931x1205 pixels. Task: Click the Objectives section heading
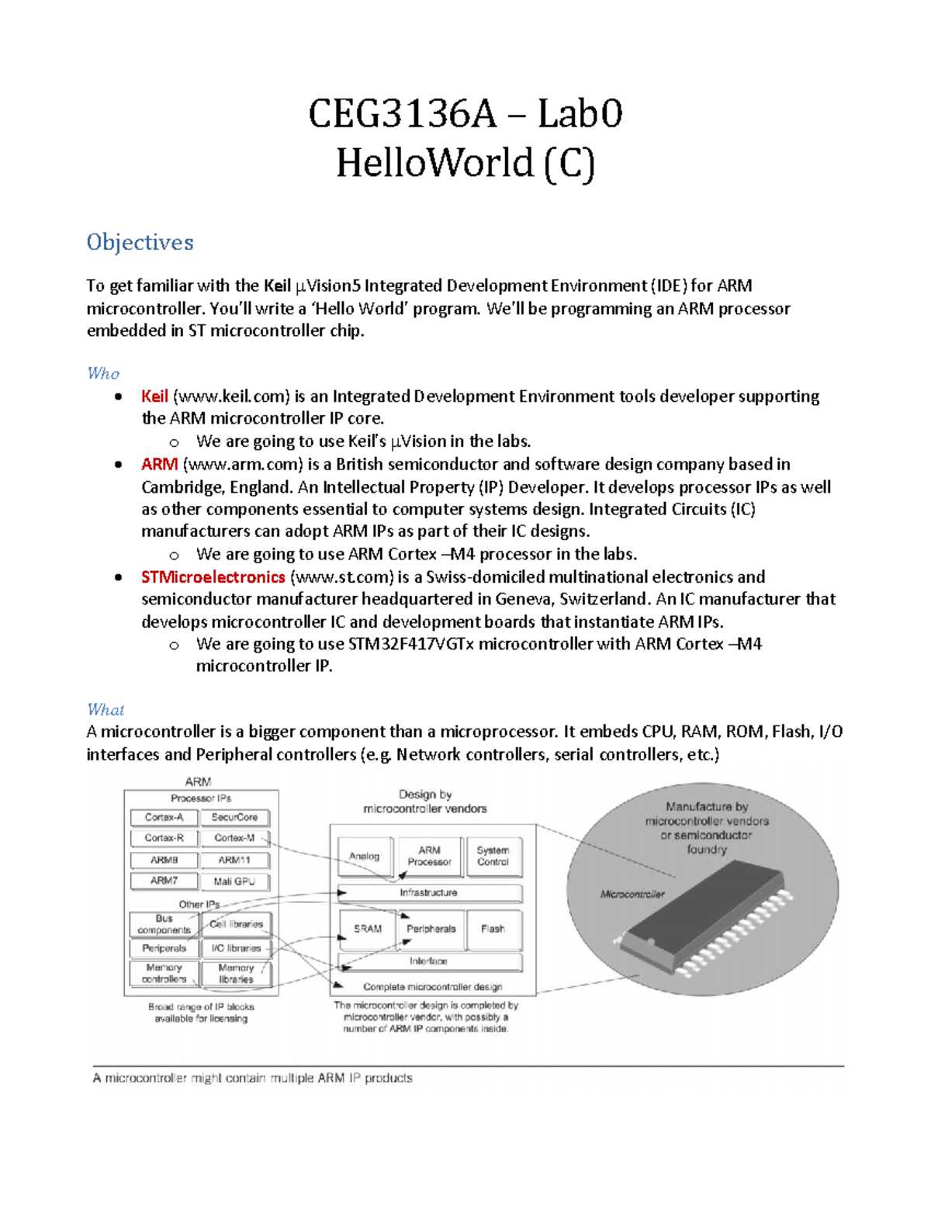[140, 242]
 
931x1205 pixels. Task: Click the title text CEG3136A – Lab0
[465, 114]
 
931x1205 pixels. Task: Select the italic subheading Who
[103, 373]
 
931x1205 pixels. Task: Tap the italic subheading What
[106, 709]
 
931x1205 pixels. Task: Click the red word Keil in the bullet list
[154, 396]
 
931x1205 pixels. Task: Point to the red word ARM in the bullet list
[159, 464]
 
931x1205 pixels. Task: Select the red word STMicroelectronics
[213, 577]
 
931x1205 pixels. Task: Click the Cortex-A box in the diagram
[164, 817]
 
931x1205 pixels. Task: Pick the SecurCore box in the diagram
[234, 817]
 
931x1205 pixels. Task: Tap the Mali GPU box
[234, 881]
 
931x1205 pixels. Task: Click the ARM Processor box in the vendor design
[429, 856]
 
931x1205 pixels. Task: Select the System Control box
[493, 856]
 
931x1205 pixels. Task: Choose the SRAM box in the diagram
[368, 929]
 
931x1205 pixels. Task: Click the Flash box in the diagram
[493, 929]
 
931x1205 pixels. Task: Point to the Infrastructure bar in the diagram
[429, 893]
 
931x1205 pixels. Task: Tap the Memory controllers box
[164, 973]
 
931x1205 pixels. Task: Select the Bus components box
[164, 924]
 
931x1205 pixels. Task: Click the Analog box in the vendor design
[364, 856]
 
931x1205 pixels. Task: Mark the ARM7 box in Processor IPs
[164, 881]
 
